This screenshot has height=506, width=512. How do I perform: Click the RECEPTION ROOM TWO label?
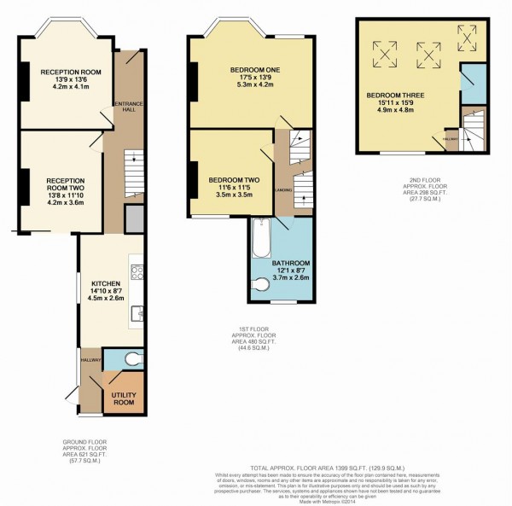[65, 185]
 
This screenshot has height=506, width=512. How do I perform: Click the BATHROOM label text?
[291, 262]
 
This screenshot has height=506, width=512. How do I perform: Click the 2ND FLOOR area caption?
[424, 193]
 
